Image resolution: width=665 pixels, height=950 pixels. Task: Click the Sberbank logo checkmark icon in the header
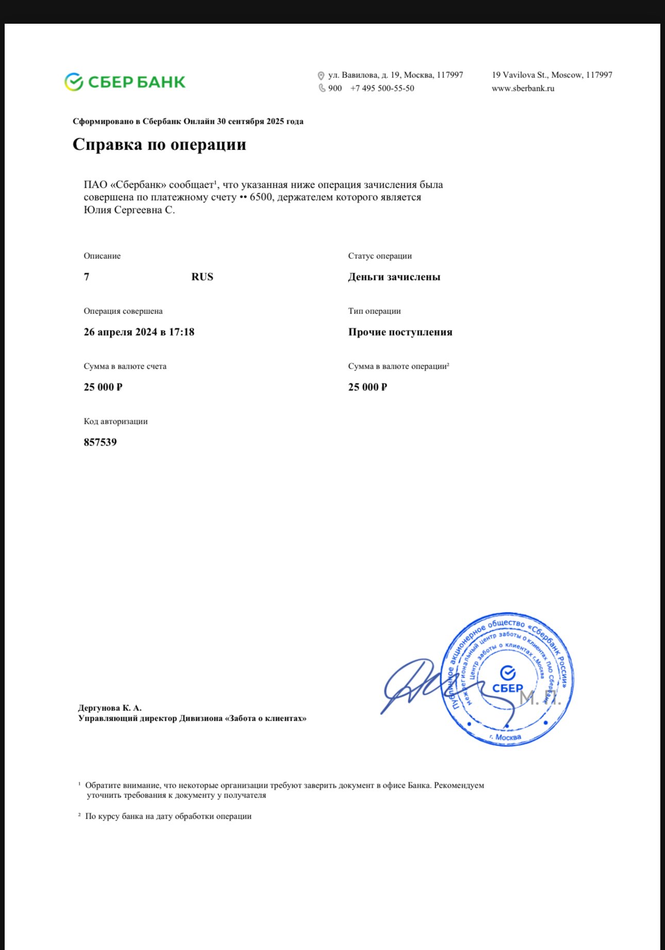click(74, 82)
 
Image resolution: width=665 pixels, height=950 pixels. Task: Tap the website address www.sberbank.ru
click(523, 88)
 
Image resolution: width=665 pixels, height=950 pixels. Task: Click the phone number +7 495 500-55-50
click(382, 88)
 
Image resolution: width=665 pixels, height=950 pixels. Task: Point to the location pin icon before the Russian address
click(321, 75)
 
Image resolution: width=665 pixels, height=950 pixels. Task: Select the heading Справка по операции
click(159, 144)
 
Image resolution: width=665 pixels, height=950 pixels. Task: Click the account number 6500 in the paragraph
click(261, 197)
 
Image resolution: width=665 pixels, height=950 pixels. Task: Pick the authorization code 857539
click(101, 442)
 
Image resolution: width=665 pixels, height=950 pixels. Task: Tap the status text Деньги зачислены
click(394, 277)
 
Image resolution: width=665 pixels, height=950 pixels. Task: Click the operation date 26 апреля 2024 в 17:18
click(139, 332)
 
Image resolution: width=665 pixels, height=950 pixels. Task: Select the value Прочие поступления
click(400, 332)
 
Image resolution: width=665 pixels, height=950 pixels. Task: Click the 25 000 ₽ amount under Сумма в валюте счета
click(103, 387)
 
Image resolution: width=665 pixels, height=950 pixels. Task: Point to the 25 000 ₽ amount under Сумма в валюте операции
click(368, 387)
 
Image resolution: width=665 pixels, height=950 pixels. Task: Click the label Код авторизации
click(115, 421)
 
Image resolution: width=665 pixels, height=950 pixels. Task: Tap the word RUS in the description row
click(202, 277)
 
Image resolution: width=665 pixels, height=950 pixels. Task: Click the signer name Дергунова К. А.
click(110, 708)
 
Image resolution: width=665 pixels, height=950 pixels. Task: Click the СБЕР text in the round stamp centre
click(507, 688)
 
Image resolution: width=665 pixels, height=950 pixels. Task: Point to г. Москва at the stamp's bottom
click(505, 737)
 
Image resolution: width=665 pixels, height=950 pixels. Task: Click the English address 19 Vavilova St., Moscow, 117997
click(552, 75)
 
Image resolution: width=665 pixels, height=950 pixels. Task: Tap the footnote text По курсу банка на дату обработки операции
click(168, 816)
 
